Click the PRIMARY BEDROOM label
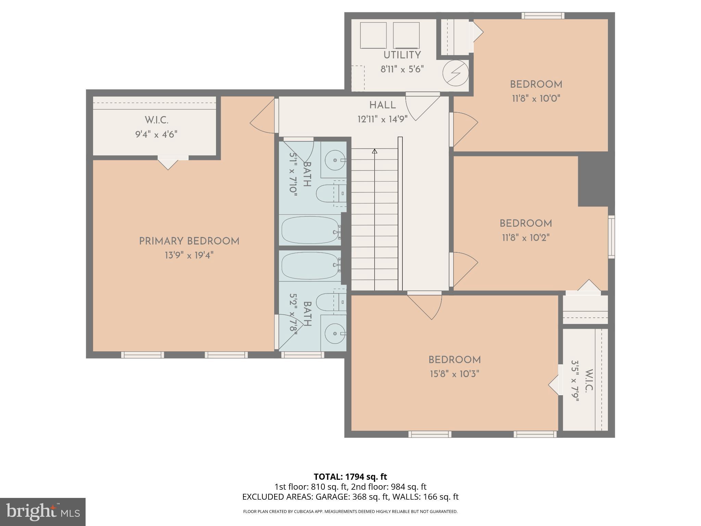[x=189, y=241]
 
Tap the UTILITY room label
[x=402, y=55]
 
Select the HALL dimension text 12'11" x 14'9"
[x=382, y=119]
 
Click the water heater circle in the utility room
[x=456, y=73]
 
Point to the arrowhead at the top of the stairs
[x=374, y=151]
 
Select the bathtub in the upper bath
[x=310, y=230]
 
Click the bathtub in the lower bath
[x=310, y=266]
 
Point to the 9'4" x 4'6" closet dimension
[x=156, y=134]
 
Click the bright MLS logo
[x=43, y=512]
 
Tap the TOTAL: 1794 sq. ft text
[x=350, y=476]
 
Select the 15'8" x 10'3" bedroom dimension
[x=454, y=374]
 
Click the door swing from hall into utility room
[x=423, y=107]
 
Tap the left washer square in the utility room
[x=373, y=35]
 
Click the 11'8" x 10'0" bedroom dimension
[x=536, y=99]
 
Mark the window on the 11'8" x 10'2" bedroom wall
[x=611, y=237]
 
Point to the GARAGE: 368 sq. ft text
[x=352, y=497]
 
